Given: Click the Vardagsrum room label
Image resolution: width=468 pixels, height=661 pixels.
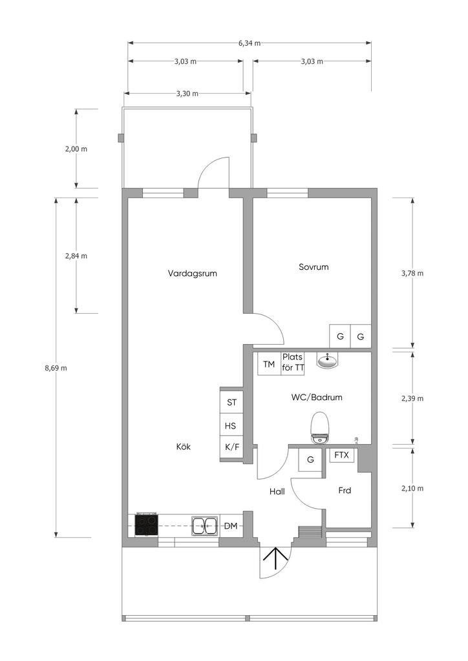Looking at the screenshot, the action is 193,274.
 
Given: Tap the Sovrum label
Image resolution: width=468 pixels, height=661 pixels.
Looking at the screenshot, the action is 314,267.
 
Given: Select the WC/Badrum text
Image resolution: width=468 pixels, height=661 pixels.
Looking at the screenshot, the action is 317,397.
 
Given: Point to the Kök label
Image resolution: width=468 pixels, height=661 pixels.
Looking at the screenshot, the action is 184,447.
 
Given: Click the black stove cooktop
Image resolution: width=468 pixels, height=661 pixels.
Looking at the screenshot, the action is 147,525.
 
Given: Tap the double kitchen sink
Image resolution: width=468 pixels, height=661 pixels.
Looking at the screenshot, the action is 205,525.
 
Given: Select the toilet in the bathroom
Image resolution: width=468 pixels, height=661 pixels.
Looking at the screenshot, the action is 319,427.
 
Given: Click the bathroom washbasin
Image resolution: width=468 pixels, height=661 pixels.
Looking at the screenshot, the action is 328,360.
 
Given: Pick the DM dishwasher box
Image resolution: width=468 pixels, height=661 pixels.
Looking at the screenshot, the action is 231,525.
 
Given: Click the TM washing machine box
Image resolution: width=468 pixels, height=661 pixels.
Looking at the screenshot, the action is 270,364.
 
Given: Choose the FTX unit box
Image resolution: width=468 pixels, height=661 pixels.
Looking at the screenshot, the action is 342,455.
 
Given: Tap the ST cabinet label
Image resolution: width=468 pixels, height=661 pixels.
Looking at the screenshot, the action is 231,403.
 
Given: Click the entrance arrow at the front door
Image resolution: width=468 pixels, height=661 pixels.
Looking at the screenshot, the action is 275,558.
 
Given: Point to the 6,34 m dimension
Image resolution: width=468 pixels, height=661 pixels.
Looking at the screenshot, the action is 250,43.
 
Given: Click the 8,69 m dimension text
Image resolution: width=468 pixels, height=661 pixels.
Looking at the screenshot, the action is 56,368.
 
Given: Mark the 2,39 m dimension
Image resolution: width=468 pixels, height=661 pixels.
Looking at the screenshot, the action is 412,398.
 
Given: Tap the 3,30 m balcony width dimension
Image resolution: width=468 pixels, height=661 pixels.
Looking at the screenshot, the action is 187,94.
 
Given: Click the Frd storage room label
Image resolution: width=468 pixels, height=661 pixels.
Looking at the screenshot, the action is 345,491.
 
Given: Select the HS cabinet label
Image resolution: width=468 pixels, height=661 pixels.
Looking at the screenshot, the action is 230,426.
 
